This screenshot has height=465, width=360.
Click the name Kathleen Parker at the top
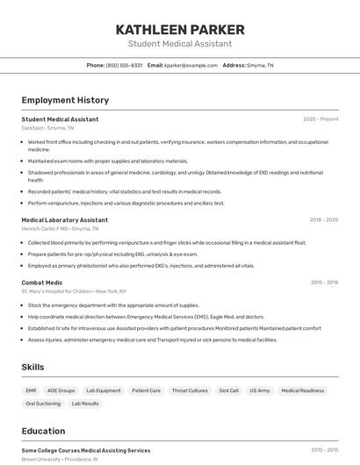click(x=180, y=29)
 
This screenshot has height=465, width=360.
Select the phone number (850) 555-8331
click(x=124, y=65)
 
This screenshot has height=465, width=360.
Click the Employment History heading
click(x=65, y=100)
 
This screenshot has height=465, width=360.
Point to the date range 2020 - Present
click(x=320, y=119)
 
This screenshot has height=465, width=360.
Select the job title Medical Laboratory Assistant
click(x=65, y=220)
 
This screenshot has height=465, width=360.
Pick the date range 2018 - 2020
click(x=323, y=220)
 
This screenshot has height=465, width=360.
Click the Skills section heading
click(x=32, y=367)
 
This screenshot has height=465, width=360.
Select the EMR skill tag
click(x=31, y=390)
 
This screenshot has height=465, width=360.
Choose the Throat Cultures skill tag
click(x=190, y=390)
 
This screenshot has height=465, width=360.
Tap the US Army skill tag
click(x=259, y=390)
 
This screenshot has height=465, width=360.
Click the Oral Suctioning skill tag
click(x=43, y=404)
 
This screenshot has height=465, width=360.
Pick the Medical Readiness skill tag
click(x=303, y=390)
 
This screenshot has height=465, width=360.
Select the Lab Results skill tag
click(x=85, y=404)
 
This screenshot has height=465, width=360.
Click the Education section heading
click(x=43, y=431)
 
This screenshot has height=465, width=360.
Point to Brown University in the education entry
click(x=40, y=459)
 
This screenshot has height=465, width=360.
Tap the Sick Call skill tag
click(x=228, y=390)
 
